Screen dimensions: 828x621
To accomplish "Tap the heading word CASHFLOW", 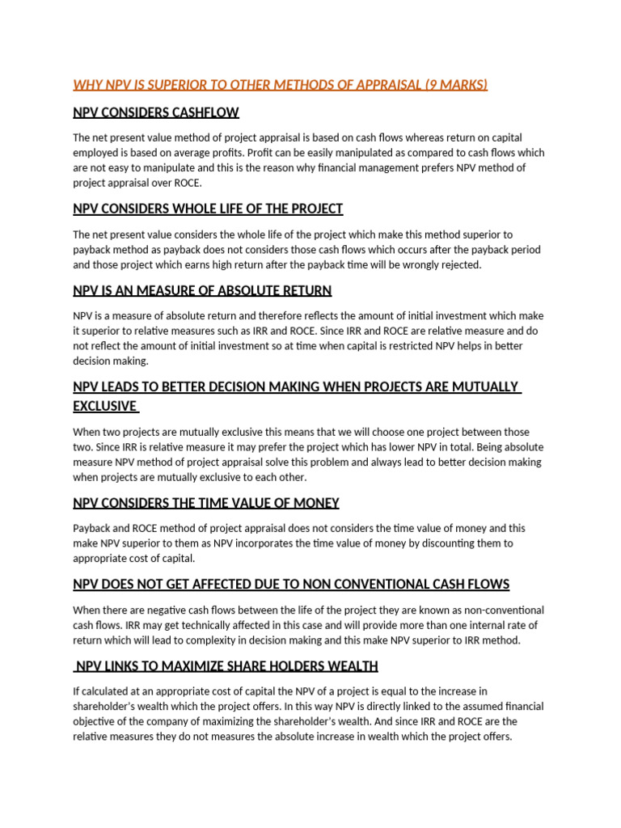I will (204, 112).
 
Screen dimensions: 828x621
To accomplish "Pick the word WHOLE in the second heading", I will (192, 209).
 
